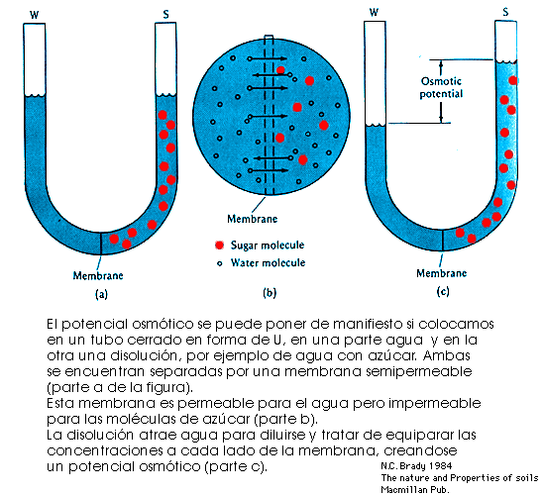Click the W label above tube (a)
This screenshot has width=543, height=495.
(34, 15)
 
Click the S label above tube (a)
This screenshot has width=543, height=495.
(165, 14)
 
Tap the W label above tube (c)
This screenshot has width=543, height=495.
(374, 13)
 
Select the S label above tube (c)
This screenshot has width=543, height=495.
(505, 12)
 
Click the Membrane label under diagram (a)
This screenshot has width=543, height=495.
(98, 275)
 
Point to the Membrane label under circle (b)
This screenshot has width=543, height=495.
(252, 219)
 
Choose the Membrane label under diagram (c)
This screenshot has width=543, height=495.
(442, 273)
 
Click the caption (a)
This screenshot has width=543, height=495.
(101, 294)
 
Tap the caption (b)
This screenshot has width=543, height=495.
(270, 293)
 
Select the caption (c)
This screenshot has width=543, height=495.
(443, 292)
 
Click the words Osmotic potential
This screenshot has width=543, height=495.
(441, 87)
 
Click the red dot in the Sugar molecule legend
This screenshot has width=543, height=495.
(219, 245)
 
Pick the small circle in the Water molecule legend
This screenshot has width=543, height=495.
(219, 263)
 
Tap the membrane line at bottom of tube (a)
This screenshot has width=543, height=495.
(101, 244)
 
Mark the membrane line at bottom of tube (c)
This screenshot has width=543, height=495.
(443, 240)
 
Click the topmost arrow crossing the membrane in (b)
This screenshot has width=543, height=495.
(267, 58)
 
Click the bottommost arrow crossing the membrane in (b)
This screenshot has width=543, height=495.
(268, 170)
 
